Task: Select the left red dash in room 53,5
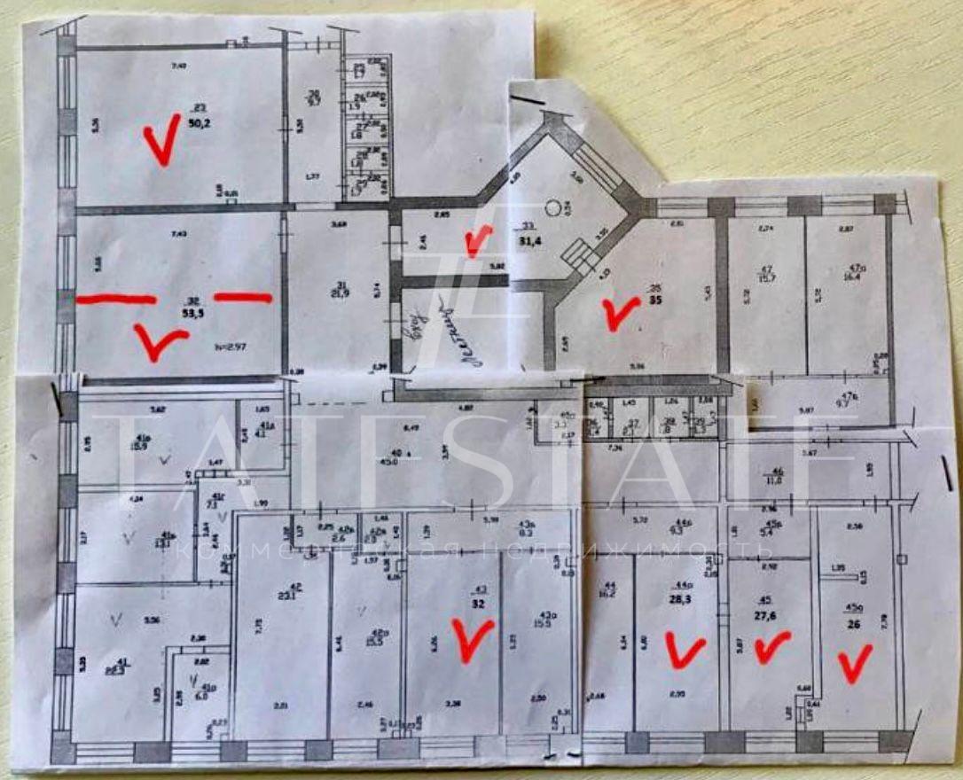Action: pyautogui.click(x=115, y=300)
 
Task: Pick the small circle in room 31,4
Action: pyautogui.click(x=553, y=208)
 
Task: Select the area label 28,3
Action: pyautogui.click(x=684, y=597)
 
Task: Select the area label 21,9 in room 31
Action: pyautogui.click(x=338, y=292)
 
